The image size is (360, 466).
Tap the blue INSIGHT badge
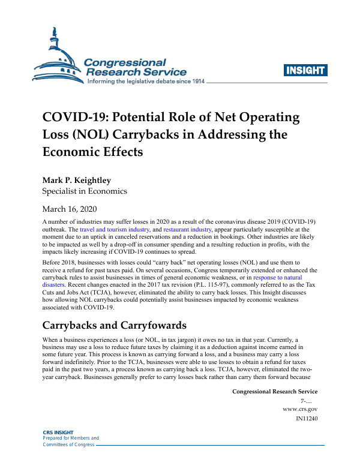click(305, 71)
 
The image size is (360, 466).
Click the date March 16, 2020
click(70, 209)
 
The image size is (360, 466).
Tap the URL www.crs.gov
click(300, 408)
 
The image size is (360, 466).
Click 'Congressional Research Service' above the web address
click(274, 391)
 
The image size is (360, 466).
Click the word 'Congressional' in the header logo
click(125, 62)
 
